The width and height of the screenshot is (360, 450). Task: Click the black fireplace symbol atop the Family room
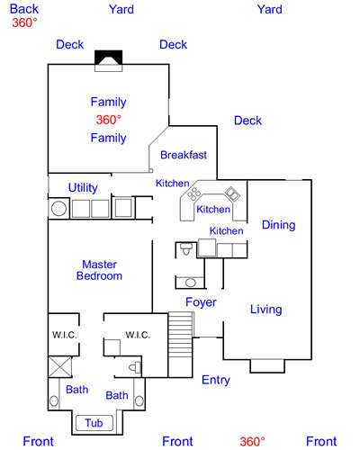(108, 58)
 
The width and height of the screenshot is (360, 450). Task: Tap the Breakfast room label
(184, 155)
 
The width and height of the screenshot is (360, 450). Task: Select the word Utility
(83, 187)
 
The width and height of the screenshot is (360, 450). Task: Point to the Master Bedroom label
(100, 270)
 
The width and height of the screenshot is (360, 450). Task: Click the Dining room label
(278, 225)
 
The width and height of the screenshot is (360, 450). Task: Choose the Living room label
(265, 310)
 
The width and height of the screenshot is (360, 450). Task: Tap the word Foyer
(201, 302)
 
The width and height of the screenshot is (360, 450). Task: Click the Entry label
(215, 380)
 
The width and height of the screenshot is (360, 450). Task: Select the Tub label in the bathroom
(94, 423)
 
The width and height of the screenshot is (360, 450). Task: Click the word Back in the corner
(24, 9)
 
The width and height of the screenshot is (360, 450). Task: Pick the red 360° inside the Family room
(108, 120)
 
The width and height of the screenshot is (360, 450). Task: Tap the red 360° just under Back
(24, 23)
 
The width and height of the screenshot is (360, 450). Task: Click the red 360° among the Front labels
(252, 441)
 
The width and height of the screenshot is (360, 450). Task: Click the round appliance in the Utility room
(59, 209)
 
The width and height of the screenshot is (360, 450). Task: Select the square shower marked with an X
(60, 367)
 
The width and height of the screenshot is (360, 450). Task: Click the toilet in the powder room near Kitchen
(185, 247)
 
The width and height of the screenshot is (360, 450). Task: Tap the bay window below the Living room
(268, 364)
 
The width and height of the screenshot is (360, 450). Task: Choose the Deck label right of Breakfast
(247, 121)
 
